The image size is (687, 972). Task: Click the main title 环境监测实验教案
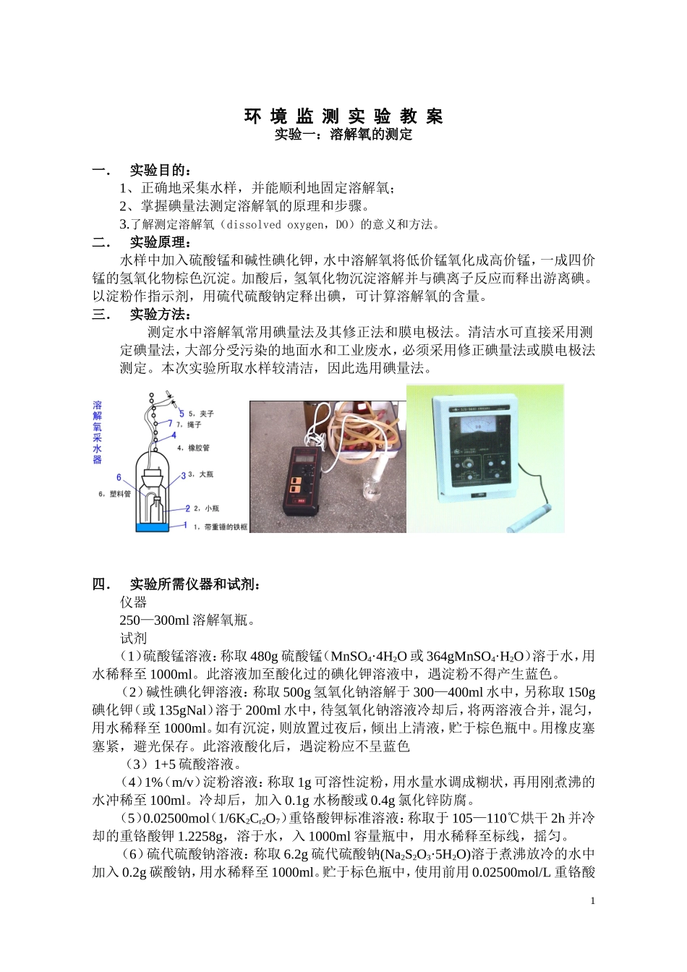pyautogui.click(x=343, y=116)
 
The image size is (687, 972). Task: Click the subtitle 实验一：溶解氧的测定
pyautogui.click(x=343, y=135)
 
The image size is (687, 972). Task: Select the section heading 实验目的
pyautogui.click(x=161, y=171)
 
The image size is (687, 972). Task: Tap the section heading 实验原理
pyautogui.click(x=161, y=242)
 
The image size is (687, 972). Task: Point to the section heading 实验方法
pyautogui.click(x=161, y=315)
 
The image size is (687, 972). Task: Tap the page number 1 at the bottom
pyautogui.click(x=592, y=900)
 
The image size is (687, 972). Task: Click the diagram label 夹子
pyautogui.click(x=206, y=414)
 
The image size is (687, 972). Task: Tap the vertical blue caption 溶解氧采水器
pyautogui.click(x=98, y=432)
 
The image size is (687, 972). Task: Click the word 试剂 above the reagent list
pyautogui.click(x=134, y=639)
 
